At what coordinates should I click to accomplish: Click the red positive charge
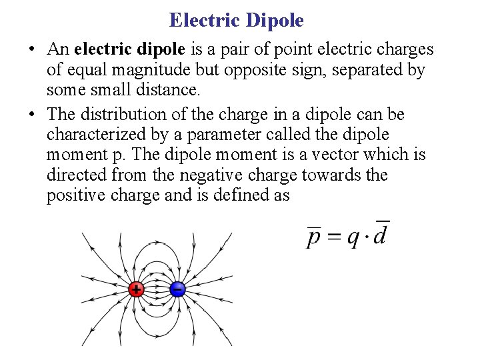136,289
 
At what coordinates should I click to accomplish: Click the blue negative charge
177,289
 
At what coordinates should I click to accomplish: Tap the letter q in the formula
353,238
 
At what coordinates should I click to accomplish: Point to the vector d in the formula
381,234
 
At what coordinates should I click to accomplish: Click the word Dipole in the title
274,20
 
